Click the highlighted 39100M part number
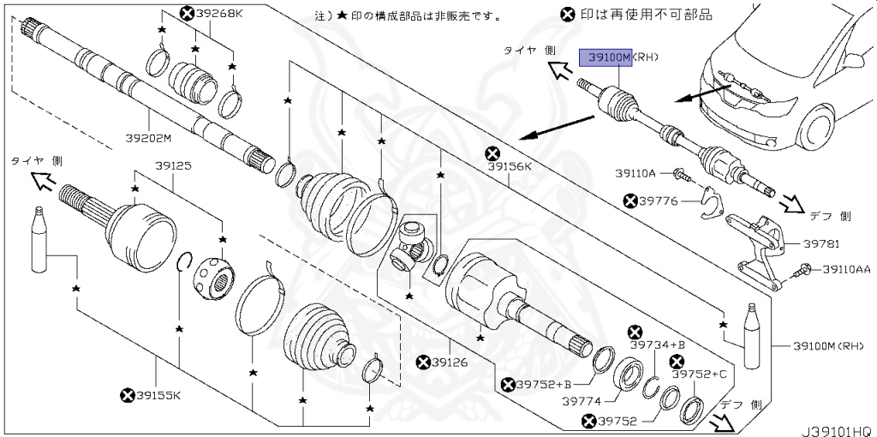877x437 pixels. pos(606,57)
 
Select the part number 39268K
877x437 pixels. pos(219,13)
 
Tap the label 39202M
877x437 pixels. pos(148,138)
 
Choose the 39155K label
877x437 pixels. pos(158,395)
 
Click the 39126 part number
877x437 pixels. pos(449,362)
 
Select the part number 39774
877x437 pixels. pos(585,399)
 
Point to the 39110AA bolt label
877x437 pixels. pos(846,269)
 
